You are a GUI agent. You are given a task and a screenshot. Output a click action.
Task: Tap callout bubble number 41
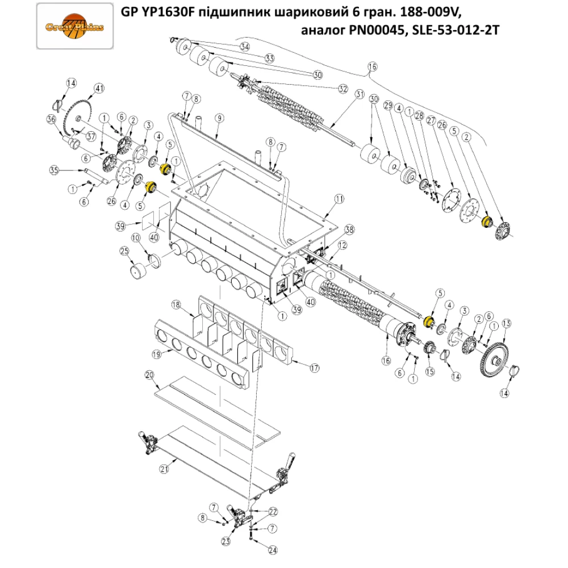tap(99, 88)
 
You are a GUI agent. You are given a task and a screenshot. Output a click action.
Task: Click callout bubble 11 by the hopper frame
tap(340, 199)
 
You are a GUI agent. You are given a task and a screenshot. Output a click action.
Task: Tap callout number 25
tap(123, 251)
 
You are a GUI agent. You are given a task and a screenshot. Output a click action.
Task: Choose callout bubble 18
tap(176, 305)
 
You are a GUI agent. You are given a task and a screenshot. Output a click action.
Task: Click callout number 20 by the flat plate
tap(150, 375)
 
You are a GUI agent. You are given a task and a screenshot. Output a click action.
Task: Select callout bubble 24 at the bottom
tap(273, 550)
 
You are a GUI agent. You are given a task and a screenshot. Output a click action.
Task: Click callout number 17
tap(314, 367)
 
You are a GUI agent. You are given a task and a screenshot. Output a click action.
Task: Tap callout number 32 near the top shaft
tap(343, 89)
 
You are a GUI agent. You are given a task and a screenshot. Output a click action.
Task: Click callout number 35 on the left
tap(54, 170)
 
